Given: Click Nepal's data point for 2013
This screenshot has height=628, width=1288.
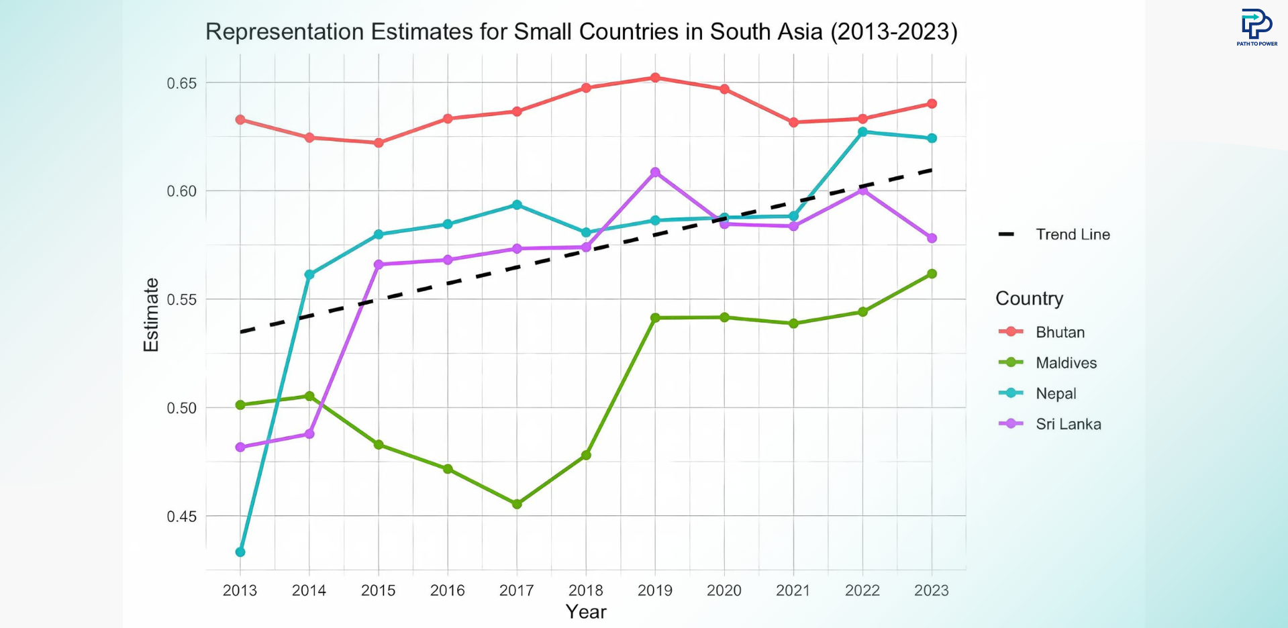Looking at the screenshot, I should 240,552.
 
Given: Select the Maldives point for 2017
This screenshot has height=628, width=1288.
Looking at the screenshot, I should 517,504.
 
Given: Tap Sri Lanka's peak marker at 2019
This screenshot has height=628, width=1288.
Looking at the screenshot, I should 655,172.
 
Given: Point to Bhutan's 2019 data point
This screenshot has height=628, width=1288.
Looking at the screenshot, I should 655,78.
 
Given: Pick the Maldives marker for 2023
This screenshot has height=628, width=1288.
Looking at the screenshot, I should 932,274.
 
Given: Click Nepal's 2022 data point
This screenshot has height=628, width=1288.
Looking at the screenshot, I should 862,132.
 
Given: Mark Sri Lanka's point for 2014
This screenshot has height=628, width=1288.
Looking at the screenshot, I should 309,434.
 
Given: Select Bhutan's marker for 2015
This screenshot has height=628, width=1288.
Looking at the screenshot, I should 379,143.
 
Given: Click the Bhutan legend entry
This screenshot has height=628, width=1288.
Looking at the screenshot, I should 1059,332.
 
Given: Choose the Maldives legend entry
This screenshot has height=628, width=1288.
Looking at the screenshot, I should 1065,363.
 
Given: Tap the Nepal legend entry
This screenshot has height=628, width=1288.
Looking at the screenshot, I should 1055,394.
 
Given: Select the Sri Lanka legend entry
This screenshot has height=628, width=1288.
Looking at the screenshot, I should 1067,424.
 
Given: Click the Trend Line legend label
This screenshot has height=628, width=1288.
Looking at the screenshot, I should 1072,235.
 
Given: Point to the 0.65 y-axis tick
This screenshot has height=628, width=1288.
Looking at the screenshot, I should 182,83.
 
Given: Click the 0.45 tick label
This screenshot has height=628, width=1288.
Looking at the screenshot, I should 182,517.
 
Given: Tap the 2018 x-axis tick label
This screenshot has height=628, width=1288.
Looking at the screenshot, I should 586,590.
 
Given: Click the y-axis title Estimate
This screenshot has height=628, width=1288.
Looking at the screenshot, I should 152,315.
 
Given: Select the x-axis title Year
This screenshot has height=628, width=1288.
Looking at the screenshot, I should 586,612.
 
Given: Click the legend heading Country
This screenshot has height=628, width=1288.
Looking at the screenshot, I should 1029,299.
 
